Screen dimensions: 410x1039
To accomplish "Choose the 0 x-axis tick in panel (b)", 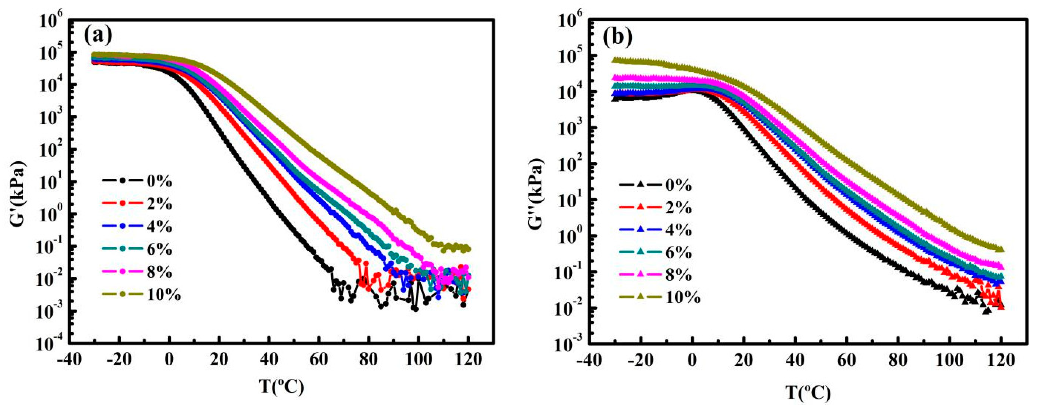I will [x=692, y=360].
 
